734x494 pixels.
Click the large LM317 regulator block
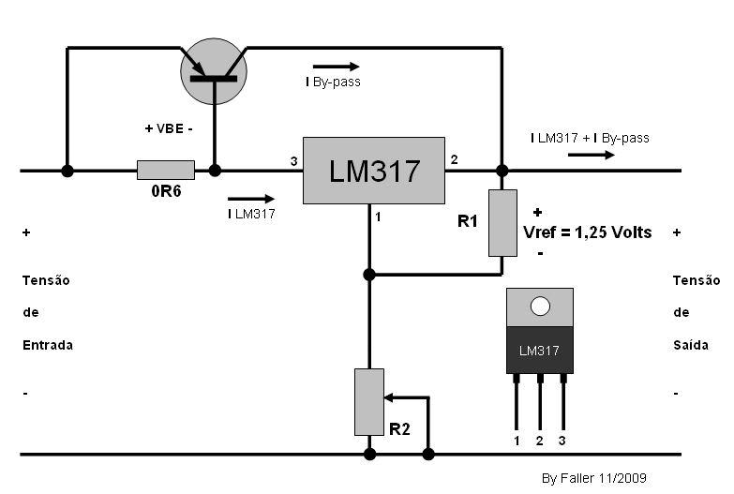(x=373, y=171)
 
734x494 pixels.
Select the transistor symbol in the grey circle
(x=214, y=71)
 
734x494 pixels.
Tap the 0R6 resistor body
(x=166, y=171)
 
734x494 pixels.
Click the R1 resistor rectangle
(x=502, y=222)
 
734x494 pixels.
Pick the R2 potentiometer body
(x=369, y=401)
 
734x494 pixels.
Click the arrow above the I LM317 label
(x=251, y=198)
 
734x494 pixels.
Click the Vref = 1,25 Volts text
(x=587, y=232)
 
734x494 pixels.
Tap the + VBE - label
(x=168, y=128)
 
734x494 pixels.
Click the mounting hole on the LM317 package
(x=539, y=307)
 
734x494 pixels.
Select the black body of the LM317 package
(x=539, y=350)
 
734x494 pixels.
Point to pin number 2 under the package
(x=540, y=440)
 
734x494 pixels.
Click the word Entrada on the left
(x=48, y=345)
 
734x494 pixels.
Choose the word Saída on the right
(x=695, y=345)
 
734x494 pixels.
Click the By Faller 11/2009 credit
(x=594, y=478)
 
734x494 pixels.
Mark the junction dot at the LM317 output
(x=502, y=171)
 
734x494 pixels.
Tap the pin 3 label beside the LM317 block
(x=293, y=161)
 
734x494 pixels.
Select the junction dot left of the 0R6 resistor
(x=67, y=171)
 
